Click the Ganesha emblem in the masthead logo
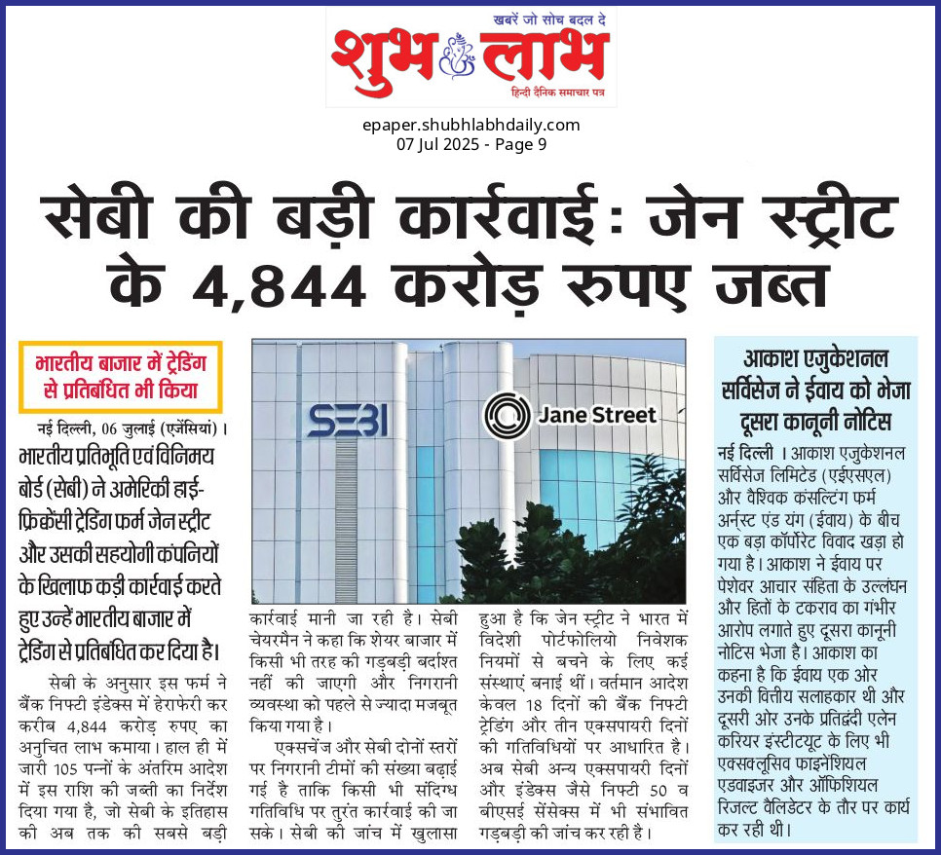point(453,54)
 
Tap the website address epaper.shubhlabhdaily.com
point(470,125)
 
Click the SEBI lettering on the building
point(349,420)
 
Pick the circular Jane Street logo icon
point(507,416)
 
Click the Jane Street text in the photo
point(597,416)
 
